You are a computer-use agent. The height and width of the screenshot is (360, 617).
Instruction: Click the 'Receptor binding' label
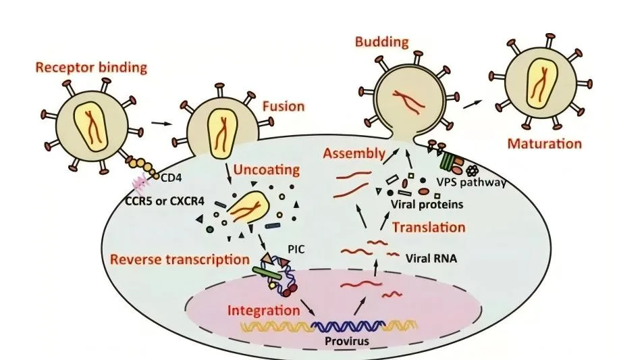(91, 68)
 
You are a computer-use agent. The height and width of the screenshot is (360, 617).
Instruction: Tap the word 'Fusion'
(284, 106)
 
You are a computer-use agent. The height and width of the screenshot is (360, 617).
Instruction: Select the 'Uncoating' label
(267, 170)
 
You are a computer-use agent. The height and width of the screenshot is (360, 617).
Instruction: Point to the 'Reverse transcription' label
(180, 259)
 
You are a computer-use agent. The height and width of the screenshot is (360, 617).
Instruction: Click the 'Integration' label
(264, 311)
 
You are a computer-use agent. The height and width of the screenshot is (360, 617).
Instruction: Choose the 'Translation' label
(429, 227)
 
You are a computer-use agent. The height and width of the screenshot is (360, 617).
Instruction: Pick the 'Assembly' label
(354, 153)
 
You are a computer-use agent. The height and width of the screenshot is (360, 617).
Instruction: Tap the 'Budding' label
(382, 42)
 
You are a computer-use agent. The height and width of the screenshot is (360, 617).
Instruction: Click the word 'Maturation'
(545, 143)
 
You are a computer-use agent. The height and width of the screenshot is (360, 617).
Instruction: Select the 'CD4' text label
(171, 178)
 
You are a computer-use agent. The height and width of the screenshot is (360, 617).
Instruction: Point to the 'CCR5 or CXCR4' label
(165, 201)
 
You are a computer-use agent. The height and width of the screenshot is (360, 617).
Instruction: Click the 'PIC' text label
(296, 249)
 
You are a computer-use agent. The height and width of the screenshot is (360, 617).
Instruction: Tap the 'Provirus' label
(347, 341)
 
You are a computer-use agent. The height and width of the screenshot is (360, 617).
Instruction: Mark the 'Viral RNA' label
(431, 259)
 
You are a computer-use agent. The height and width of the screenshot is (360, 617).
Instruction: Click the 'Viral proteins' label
(427, 205)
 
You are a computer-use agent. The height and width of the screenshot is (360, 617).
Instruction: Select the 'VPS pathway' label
(471, 183)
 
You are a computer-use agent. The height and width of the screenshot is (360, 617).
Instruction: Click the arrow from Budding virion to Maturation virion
(473, 105)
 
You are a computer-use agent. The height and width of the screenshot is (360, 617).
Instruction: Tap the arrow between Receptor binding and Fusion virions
(162, 124)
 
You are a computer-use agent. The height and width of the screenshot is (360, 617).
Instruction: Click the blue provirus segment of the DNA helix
(348, 326)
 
